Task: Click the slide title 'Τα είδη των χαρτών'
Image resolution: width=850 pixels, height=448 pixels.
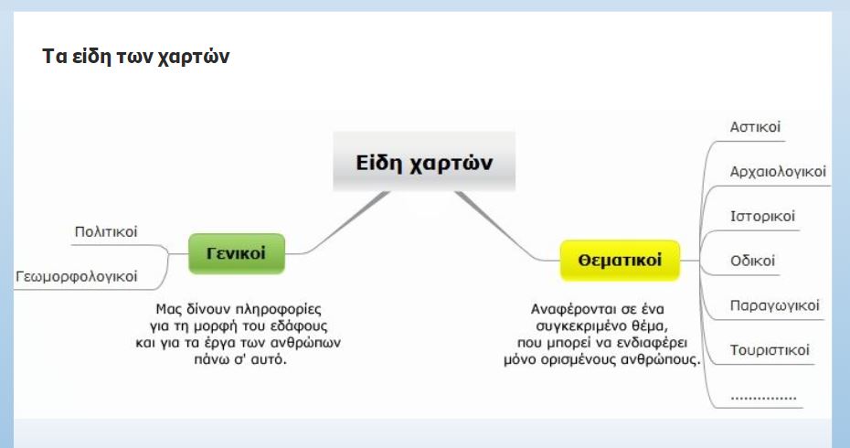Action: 136,57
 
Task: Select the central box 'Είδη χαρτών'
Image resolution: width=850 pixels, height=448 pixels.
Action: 424,162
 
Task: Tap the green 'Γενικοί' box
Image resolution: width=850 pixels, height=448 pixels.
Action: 237,253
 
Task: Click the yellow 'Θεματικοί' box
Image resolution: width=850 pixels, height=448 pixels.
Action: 620,261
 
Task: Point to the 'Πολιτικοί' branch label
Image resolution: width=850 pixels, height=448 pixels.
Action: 106,232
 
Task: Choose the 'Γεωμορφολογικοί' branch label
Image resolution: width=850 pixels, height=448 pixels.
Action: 77,277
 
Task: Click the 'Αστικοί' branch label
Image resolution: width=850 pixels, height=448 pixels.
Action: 755,127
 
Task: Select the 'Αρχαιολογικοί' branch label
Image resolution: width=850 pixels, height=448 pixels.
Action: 778,172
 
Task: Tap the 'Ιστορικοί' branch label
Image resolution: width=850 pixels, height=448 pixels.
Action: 762,217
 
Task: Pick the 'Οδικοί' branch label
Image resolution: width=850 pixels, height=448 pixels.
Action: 752,261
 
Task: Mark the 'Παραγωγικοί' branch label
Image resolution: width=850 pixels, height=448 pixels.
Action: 775,306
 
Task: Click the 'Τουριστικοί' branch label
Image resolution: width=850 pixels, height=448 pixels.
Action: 770,350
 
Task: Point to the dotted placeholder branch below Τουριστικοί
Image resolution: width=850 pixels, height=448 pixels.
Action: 763,399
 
